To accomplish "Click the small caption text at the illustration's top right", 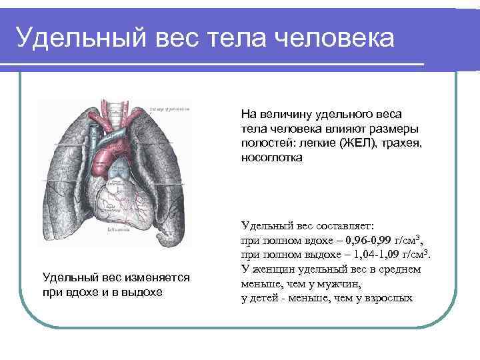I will pyautogui.click(x=168, y=109).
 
